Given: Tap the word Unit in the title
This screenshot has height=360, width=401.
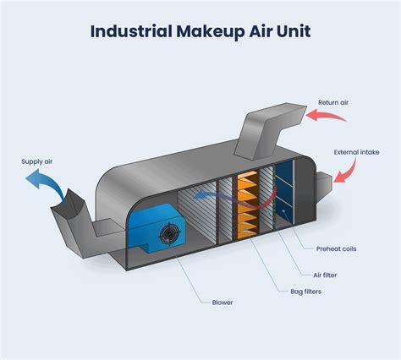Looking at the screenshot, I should coord(291,32).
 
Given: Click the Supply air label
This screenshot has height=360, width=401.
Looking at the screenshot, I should coord(37,161).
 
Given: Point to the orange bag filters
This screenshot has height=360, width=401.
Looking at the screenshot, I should coord(247,203).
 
